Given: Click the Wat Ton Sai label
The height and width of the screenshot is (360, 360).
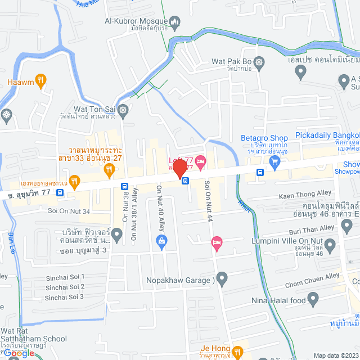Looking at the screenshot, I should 97,109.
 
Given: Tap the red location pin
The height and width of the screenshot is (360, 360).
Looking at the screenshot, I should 179,169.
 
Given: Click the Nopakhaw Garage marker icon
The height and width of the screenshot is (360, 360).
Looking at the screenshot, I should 222,278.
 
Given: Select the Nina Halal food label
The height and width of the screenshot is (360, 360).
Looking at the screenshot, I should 278,300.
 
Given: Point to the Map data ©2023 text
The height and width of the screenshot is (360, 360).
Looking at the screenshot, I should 335,355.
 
